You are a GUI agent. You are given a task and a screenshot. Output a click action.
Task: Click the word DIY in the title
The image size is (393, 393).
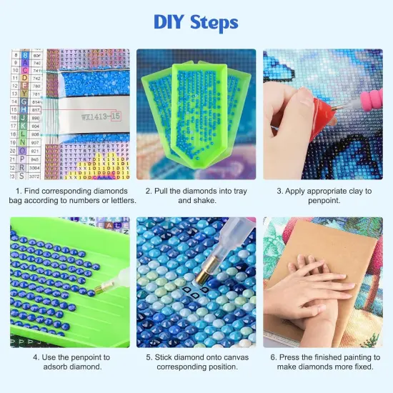click(169, 23)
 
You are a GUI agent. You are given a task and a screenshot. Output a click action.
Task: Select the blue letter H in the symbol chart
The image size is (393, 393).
click(25, 110)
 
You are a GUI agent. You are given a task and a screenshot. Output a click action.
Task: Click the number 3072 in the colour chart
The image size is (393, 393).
click(36, 175)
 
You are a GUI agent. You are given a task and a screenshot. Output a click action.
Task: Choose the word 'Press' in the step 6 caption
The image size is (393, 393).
click(284, 357)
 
